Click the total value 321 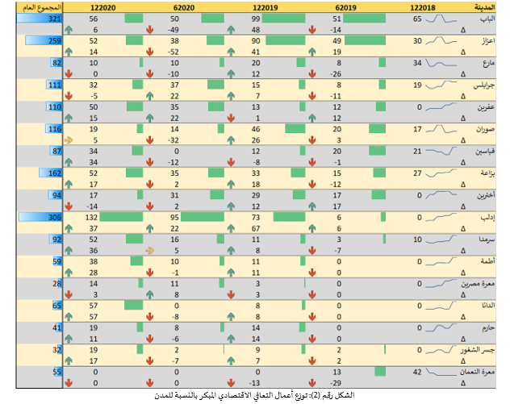click(54, 18)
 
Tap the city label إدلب click(487, 217)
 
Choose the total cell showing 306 click(54, 217)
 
